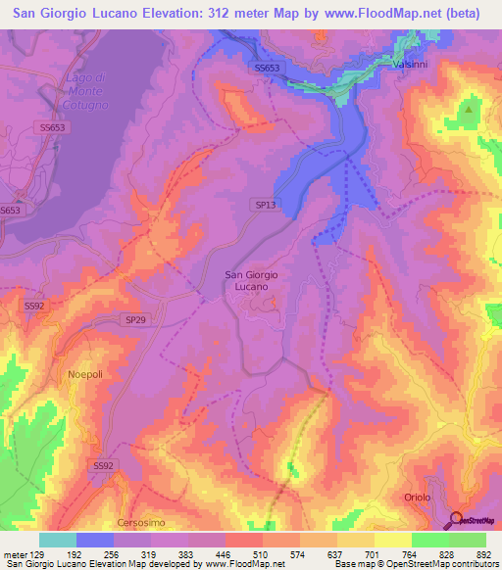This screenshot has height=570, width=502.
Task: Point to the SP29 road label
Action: pos(136,320)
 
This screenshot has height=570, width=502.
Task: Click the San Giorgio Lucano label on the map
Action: pos(251,281)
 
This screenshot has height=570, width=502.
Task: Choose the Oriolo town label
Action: pos(417,498)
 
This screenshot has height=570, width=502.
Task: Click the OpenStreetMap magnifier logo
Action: pos(458,519)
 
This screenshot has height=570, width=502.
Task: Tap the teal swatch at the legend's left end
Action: pos(57,540)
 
